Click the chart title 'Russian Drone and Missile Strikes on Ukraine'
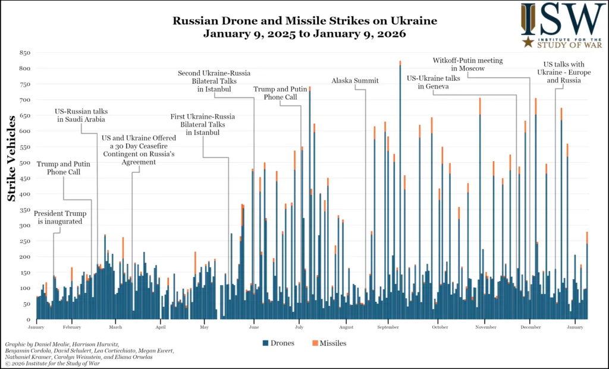coord(304,21)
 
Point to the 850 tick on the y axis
coord(25,53)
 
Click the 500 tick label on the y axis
coord(25,163)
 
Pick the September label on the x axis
coord(388,327)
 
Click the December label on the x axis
coord(530,327)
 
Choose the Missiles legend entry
coord(329,343)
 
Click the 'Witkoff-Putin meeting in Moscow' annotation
coord(468,64)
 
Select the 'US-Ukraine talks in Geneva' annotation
coord(433,82)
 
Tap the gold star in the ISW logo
coord(528,42)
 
